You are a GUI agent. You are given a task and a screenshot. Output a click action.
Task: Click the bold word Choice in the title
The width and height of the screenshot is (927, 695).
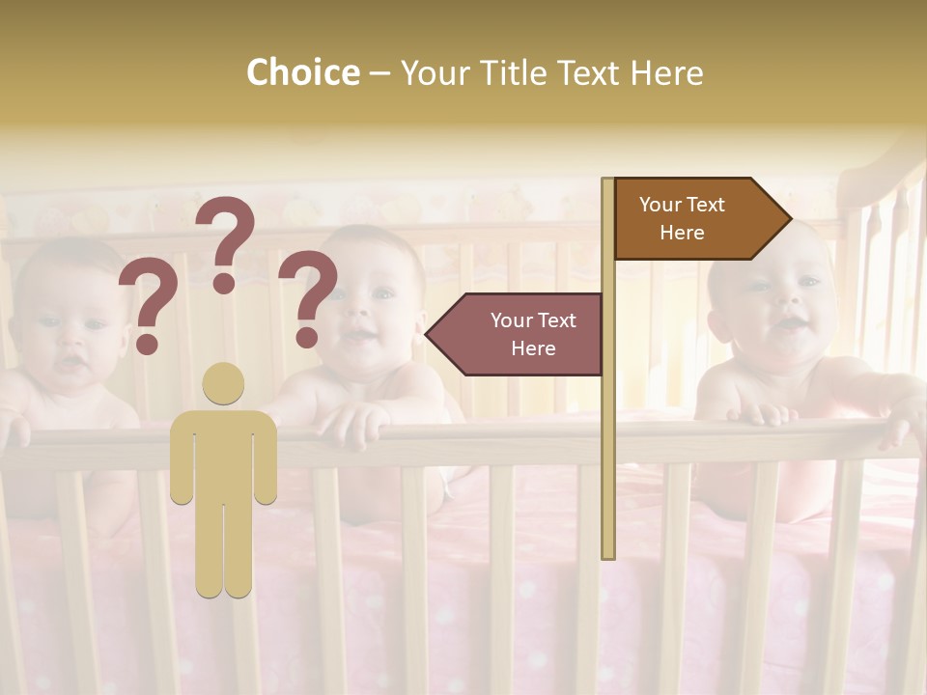pos(302,72)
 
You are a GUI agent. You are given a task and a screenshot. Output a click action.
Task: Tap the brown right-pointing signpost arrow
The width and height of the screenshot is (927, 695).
pos(701,218)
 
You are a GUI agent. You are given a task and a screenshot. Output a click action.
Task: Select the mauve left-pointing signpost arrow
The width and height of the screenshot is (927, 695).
pos(517,334)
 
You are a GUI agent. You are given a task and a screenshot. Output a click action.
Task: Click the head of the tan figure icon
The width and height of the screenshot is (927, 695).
pos(223,383)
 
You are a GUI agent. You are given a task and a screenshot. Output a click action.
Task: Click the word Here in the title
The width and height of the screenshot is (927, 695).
pos(665,72)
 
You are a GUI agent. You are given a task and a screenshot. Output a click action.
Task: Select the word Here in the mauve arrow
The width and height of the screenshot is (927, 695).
pos(533,348)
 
